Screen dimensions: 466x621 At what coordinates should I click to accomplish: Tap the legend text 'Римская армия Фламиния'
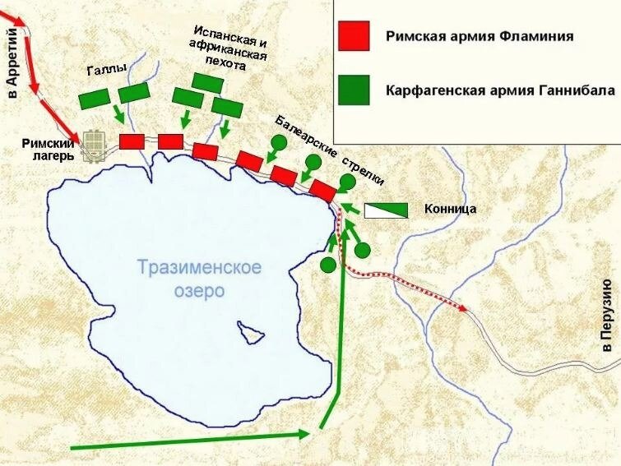(x=480, y=36)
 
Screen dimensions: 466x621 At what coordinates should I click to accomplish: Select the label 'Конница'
(x=451, y=209)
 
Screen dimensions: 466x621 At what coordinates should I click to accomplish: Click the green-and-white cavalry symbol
(x=386, y=210)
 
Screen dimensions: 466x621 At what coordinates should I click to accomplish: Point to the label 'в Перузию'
(x=607, y=316)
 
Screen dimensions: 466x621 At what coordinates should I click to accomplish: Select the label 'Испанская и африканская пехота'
(x=228, y=48)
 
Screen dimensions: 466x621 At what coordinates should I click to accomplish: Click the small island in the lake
(x=250, y=332)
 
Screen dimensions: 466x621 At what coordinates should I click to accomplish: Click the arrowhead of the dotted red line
(x=465, y=309)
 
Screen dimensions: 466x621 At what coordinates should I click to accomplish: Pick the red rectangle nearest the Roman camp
(x=132, y=141)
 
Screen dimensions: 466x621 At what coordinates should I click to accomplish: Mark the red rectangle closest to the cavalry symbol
(x=322, y=190)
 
